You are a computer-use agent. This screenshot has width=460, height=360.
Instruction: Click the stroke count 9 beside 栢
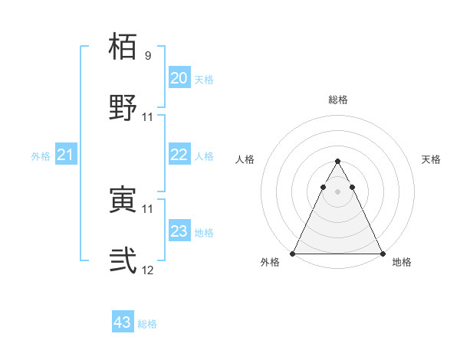click(148, 56)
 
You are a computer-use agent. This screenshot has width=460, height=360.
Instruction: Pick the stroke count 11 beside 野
click(148, 116)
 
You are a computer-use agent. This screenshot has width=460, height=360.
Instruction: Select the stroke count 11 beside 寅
click(148, 208)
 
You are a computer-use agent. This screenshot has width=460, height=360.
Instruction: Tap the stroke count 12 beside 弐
click(148, 270)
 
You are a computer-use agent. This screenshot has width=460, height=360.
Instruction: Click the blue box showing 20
click(179, 78)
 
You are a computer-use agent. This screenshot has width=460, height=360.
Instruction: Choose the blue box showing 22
click(179, 155)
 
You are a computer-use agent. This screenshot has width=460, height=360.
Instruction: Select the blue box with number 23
click(179, 231)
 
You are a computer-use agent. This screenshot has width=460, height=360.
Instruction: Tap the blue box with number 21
click(66, 155)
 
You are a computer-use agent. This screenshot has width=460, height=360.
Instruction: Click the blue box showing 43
click(123, 322)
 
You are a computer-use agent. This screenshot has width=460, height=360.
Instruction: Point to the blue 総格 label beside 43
click(147, 324)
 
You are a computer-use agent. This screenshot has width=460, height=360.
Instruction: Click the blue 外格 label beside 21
click(41, 156)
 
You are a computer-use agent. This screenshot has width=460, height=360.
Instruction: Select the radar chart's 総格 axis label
click(337, 100)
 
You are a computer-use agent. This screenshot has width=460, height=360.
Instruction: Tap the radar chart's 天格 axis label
click(431, 159)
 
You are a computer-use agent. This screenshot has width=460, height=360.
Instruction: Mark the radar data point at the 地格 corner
click(382, 254)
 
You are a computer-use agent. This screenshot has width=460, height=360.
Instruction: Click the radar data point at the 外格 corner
click(293, 254)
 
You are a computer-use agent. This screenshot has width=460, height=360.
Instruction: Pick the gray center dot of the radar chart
click(337, 191)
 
